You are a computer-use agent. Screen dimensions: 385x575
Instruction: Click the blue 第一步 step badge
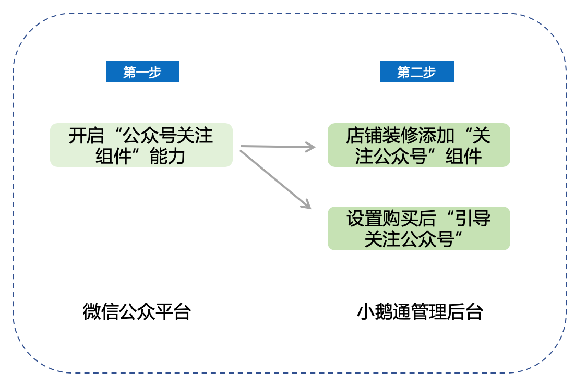pos(142,71)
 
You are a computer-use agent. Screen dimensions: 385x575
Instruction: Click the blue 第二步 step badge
pos(416,71)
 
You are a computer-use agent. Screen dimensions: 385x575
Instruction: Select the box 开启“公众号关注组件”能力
pos(141,145)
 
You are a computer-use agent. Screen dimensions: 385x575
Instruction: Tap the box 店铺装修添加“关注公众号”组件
pos(418,145)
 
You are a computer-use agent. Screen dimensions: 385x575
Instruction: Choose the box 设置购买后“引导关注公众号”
pos(418,228)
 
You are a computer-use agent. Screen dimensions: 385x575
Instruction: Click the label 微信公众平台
pos(137,311)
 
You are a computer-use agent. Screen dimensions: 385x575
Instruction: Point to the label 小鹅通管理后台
pos(420,311)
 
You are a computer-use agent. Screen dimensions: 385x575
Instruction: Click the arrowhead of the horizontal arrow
pos(311,147)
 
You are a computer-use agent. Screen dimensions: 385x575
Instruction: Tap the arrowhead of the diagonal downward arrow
pos(307,206)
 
